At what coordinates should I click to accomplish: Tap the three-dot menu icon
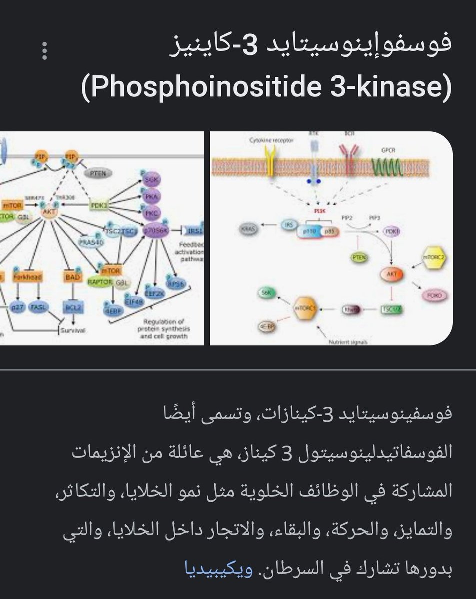click(x=45, y=51)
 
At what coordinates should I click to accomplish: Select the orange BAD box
click(x=71, y=276)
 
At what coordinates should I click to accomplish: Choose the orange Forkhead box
click(x=28, y=277)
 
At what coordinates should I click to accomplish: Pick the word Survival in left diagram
click(x=71, y=330)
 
